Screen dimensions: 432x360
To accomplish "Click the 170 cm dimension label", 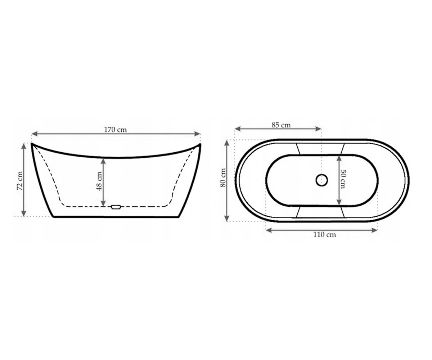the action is click(115, 130).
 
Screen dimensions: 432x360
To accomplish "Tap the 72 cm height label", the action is click(20, 181).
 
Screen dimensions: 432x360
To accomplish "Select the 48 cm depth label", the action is click(99, 181).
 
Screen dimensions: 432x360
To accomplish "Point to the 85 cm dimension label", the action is click(281, 125).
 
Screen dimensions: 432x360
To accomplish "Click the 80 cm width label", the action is click(223, 178).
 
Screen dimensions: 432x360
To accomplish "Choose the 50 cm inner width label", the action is click(343, 179).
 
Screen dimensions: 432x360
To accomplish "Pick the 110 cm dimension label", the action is click(325, 235).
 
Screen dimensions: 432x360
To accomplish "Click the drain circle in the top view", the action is click(322, 180).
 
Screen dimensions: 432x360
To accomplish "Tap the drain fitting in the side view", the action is click(116, 207).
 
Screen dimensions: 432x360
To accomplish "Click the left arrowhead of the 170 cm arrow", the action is click(35, 134).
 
